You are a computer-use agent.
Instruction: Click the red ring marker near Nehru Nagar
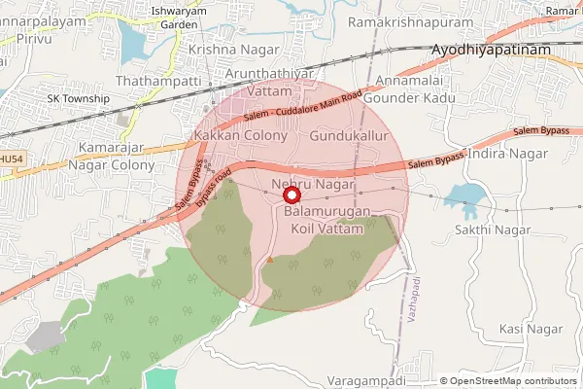pyautogui.click(x=291, y=195)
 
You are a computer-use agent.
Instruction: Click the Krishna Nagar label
pyautogui.click(x=229, y=49)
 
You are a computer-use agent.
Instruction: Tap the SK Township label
pyautogui.click(x=79, y=99)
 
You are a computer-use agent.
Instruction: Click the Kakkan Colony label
pyautogui.click(x=241, y=136)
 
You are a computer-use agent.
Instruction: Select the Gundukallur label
pyautogui.click(x=348, y=137)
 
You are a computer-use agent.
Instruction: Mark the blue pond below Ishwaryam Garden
pyautogui.click(x=133, y=42)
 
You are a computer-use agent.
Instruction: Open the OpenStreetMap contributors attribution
pyautogui.click(x=513, y=381)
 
